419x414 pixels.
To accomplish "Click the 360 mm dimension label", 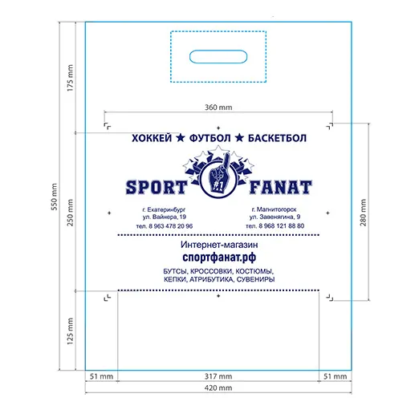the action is click(218, 108).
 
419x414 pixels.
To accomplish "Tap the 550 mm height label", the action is click(55, 197).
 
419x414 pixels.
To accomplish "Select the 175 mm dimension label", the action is click(70, 78).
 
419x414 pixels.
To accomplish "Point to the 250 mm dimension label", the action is click(70, 213).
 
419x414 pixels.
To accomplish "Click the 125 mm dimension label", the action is click(70, 331).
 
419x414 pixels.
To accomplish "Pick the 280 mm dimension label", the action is click(363, 213).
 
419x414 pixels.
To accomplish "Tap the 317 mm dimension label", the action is click(218, 376).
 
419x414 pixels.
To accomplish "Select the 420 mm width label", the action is click(218, 388).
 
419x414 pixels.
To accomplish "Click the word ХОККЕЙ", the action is click(152, 138).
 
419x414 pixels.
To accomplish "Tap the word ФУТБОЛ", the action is click(209, 138).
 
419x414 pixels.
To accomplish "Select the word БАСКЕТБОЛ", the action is click(277, 138).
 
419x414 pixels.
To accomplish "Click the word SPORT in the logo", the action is click(157, 187).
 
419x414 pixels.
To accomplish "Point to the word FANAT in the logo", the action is click(281, 187).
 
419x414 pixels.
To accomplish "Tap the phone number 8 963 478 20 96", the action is click(171, 226).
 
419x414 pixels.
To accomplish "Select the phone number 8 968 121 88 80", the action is click(282, 226).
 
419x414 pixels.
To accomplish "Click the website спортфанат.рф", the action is click(219, 258).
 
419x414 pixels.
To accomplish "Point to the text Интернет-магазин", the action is click(219, 245).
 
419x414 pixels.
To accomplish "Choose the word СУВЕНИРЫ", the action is click(256, 280).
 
